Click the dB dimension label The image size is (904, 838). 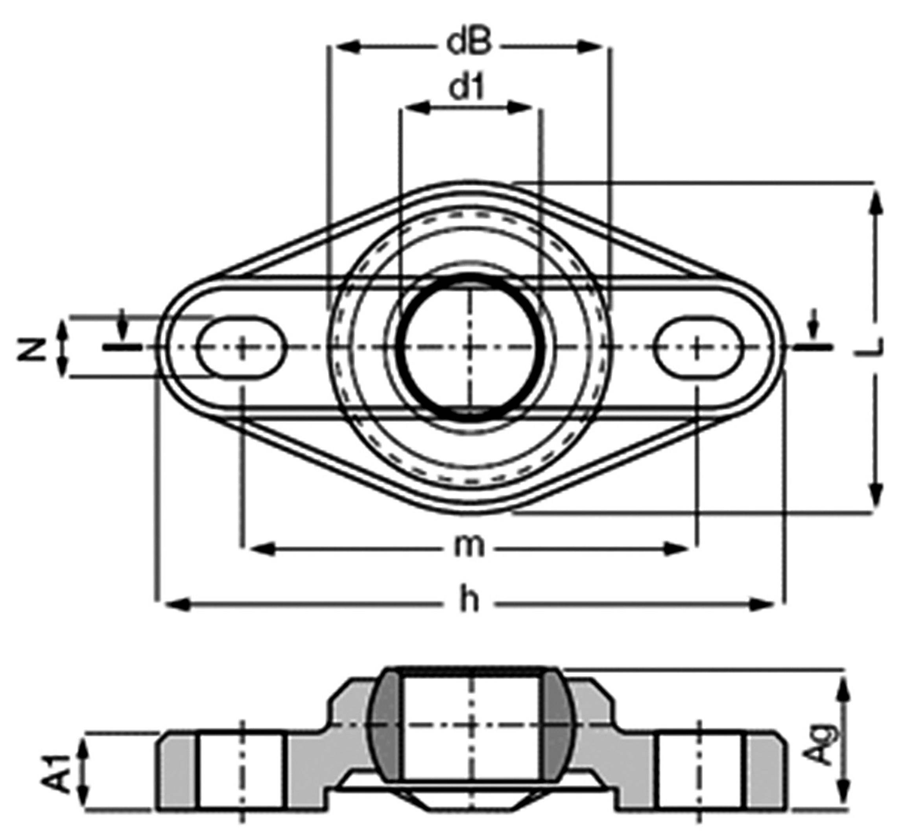(x=469, y=44)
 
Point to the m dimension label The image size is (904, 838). (x=469, y=547)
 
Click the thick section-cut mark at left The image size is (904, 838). (x=122, y=347)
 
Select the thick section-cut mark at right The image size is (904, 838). (x=814, y=347)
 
